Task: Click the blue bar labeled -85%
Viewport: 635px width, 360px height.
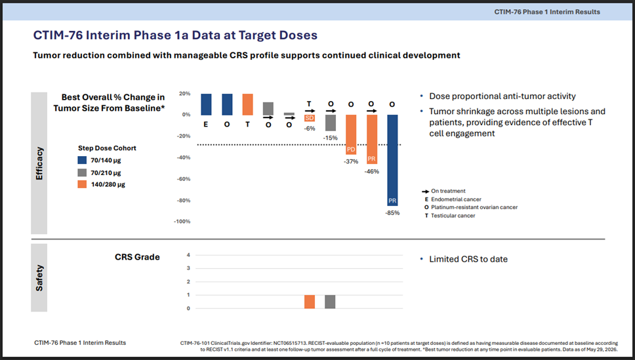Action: click(x=392, y=160)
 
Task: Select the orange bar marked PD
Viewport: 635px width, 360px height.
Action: click(x=351, y=134)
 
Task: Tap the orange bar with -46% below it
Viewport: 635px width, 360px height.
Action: click(x=372, y=139)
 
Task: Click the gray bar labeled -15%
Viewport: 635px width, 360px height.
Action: click(x=331, y=123)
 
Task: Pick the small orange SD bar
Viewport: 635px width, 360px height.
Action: click(x=310, y=118)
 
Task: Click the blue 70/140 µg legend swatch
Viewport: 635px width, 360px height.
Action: click(x=82, y=161)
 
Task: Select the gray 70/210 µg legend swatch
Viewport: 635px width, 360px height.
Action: click(x=82, y=172)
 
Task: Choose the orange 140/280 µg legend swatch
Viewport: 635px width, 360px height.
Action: click(x=82, y=184)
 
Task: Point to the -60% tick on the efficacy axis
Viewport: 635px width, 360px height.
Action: click(x=184, y=179)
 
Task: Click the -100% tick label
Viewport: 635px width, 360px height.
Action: click(x=182, y=222)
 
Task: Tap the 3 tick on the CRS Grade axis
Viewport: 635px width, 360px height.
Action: click(x=188, y=268)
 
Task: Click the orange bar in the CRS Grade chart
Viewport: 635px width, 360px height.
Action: click(x=310, y=302)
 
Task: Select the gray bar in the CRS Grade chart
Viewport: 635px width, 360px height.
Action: click(x=330, y=302)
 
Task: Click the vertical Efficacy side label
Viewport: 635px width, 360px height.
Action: click(x=39, y=163)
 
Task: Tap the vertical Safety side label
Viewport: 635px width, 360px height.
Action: click(x=39, y=278)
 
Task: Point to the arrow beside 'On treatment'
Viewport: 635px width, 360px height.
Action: click(x=425, y=191)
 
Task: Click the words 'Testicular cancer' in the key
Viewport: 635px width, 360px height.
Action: click(x=453, y=216)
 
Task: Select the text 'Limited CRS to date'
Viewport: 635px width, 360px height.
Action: click(x=468, y=259)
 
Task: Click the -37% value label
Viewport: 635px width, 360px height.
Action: click(x=351, y=161)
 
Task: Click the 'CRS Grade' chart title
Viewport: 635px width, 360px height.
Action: click(x=137, y=257)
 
